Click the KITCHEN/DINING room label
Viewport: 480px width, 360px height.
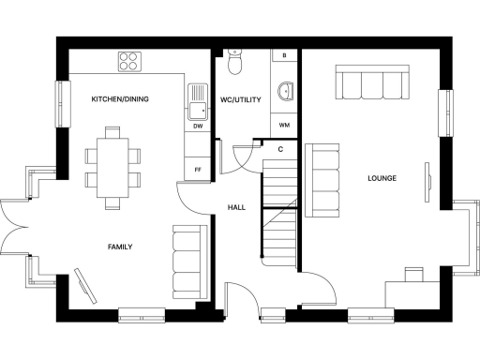point(120,98)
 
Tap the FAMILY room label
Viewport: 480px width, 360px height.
point(119,247)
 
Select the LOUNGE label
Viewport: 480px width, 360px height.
point(382,178)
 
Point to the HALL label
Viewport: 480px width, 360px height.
point(236,207)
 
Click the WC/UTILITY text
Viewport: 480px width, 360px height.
point(239,98)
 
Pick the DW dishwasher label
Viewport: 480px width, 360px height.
point(198,126)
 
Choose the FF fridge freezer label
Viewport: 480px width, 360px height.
point(198,170)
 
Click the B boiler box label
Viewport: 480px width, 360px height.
point(284,56)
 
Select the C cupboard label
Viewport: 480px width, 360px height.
point(280,148)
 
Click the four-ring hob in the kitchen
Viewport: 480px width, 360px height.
point(130,61)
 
